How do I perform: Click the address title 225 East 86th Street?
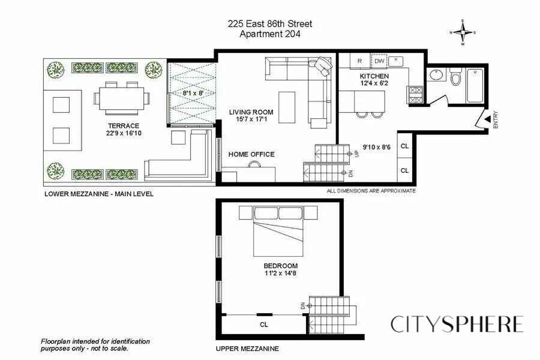coord(269,24)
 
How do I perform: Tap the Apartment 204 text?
coord(269,34)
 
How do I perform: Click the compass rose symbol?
coord(463,33)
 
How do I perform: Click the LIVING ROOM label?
coord(251,112)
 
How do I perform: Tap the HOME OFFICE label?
coord(251,154)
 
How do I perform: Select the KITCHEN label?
coord(374,77)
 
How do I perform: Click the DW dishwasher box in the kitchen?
coord(379,61)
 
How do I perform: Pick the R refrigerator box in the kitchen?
coord(359,61)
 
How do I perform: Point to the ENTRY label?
coord(496,120)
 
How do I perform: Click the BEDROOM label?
coord(280,266)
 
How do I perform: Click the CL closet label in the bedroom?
coord(263,325)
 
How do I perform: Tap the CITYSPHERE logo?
coord(457,324)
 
